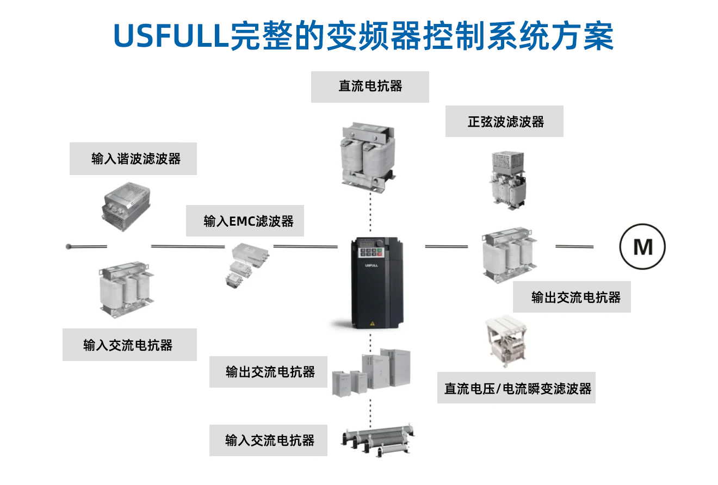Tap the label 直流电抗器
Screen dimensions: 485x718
pos(370,86)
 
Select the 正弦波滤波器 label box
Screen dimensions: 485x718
pos(505,121)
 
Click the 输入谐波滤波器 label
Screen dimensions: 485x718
pos(133,159)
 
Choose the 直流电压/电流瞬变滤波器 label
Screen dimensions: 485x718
pos(516,388)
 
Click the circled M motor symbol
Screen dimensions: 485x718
pos(643,247)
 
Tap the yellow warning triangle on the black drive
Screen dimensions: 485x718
pos(373,323)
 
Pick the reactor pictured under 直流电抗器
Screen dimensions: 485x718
pos(367,156)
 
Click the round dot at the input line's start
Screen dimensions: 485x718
pos(69,246)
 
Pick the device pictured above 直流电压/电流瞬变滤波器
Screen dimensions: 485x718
pos(507,340)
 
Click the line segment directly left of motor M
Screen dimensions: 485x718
pos(574,246)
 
